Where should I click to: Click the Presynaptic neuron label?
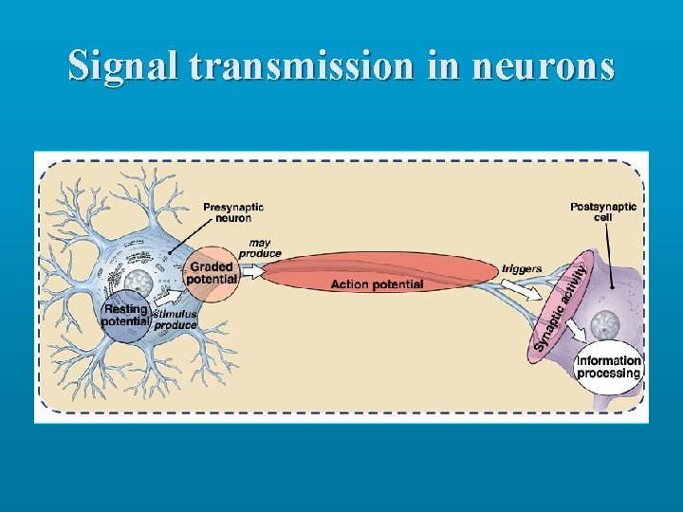233,212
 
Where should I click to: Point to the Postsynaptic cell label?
603,211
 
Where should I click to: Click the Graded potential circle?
211,273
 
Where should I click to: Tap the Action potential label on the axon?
377,284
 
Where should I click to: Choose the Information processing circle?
609,367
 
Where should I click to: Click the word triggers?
522,269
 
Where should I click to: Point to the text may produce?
260,248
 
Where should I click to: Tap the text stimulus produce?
175,320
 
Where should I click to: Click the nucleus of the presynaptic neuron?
138,282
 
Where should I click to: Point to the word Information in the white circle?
609,360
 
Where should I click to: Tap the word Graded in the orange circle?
211,267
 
